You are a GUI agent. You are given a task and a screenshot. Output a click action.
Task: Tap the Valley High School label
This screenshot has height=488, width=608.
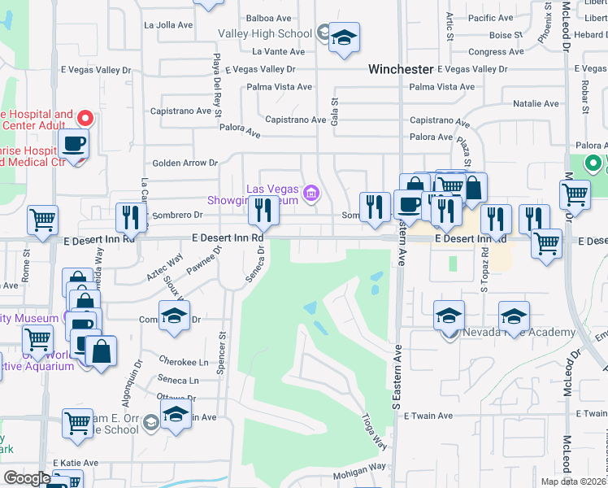pyautogui.click(x=265, y=33)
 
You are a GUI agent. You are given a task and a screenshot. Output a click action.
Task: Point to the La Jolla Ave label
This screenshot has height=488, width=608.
pyautogui.click(x=167, y=25)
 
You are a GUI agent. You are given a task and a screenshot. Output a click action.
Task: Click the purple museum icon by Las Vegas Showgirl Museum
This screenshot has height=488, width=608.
pyautogui.click(x=310, y=194)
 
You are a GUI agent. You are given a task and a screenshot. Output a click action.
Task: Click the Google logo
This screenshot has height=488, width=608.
pyautogui.click(x=27, y=477)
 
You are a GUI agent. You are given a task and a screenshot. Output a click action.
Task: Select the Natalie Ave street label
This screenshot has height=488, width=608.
pyautogui.click(x=536, y=104)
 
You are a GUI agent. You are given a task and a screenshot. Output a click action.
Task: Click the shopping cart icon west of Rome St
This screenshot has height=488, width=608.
pyautogui.click(x=42, y=219)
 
